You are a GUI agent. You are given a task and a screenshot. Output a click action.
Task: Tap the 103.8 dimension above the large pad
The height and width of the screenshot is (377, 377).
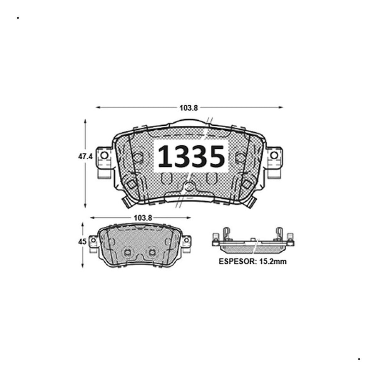[x=188, y=108]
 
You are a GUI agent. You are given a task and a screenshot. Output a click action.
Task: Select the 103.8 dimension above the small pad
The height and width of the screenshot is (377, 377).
[x=143, y=218]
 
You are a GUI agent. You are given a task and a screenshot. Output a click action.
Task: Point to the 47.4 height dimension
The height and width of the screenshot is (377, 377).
[x=85, y=156]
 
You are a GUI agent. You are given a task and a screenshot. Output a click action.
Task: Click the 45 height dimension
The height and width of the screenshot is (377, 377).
[x=82, y=242]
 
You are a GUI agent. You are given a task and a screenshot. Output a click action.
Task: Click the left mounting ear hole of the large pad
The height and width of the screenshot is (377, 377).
[x=104, y=156]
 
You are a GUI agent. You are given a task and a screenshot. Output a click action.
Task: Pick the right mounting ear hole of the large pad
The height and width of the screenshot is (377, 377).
[x=274, y=156]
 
